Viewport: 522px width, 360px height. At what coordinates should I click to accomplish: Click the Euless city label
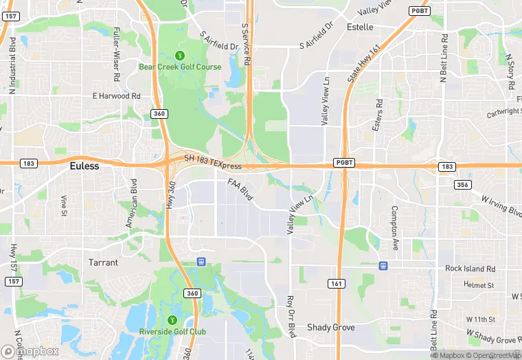(84, 166)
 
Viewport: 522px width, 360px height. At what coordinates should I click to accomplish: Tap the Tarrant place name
(103, 262)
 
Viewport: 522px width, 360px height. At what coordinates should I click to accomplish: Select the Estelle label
(360, 27)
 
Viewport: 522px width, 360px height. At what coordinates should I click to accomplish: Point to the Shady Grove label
(331, 327)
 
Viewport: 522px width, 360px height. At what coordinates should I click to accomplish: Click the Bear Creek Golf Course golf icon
(180, 56)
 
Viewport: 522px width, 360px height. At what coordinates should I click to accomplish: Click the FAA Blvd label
(240, 190)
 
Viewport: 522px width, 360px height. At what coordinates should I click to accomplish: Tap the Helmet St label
(479, 284)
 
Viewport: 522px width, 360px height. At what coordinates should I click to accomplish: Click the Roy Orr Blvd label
(291, 316)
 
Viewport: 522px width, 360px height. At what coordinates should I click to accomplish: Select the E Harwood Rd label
(117, 96)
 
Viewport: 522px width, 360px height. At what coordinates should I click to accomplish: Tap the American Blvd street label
(130, 203)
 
